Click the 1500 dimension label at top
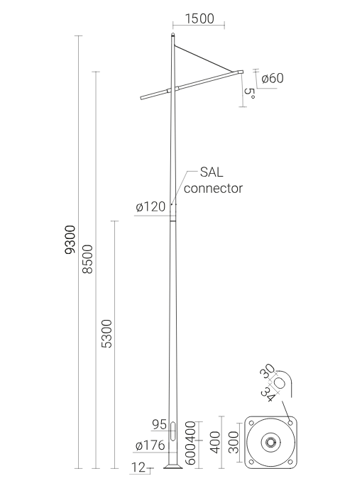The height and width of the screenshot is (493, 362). point(199,18)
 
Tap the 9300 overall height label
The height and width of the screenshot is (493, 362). point(70,240)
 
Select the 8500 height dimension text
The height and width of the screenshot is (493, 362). point(88,259)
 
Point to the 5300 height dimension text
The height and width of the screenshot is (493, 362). point(106,333)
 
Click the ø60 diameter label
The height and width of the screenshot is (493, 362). point(273,78)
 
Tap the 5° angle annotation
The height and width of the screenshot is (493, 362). point(249,94)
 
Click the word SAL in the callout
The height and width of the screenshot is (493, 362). point(212,172)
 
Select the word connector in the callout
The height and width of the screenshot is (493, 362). point(213,189)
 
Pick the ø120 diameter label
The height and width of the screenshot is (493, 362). point(150,207)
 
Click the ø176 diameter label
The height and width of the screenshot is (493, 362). point(150,445)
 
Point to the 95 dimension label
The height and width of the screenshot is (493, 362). point(159,424)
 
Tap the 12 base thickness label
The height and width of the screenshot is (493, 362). point(138,467)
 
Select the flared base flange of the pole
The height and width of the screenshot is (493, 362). point(173,465)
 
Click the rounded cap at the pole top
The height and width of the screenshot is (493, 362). point(173,34)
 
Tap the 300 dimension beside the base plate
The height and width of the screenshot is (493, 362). point(234,443)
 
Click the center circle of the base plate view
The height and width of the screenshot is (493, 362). point(270,443)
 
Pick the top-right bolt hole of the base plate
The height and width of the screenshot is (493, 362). point(290,423)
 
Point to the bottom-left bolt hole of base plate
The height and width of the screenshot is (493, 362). point(251,462)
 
